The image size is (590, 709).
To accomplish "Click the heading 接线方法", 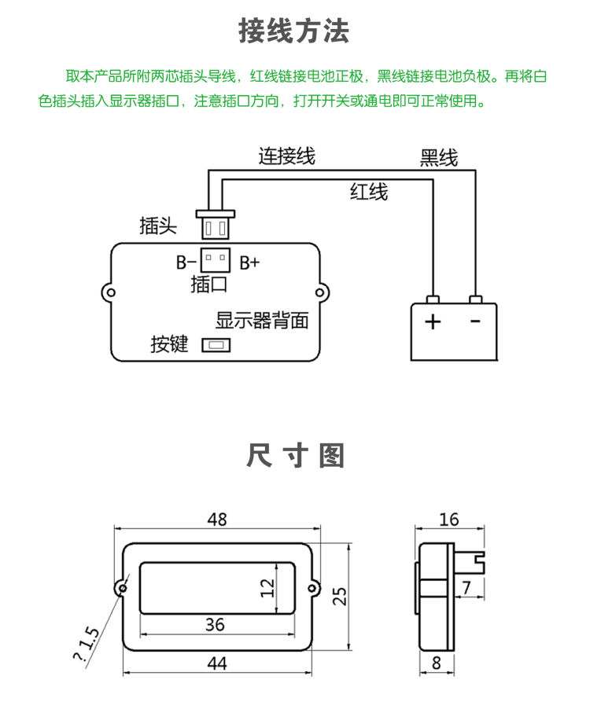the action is (x=294, y=31).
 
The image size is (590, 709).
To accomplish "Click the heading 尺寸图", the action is (x=296, y=455).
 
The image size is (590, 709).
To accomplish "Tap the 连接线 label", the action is (x=287, y=156).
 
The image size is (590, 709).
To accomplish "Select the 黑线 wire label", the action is (x=439, y=158).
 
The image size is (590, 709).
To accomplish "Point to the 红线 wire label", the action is (x=369, y=191).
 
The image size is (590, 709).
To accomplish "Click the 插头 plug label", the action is (x=158, y=225).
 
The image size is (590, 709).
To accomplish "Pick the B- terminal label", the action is (x=186, y=262).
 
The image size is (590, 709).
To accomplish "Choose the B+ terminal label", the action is (x=249, y=263).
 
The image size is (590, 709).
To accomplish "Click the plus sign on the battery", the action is (x=433, y=321).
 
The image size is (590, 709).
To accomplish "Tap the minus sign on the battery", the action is (x=475, y=321).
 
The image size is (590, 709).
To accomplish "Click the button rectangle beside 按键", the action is (x=216, y=345).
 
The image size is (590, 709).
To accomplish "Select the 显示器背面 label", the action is (x=262, y=320).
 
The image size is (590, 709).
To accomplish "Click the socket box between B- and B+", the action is (x=216, y=260).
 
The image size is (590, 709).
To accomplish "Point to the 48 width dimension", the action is (x=217, y=520).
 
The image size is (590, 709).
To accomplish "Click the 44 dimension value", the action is (x=217, y=663).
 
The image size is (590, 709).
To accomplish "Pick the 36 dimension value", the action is (x=215, y=624).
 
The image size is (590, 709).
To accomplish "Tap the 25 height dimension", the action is (x=340, y=596).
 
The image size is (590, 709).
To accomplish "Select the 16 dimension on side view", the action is (x=449, y=520).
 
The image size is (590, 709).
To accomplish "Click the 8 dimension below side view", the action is (x=436, y=663).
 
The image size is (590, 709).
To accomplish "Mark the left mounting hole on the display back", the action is (x=110, y=292).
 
